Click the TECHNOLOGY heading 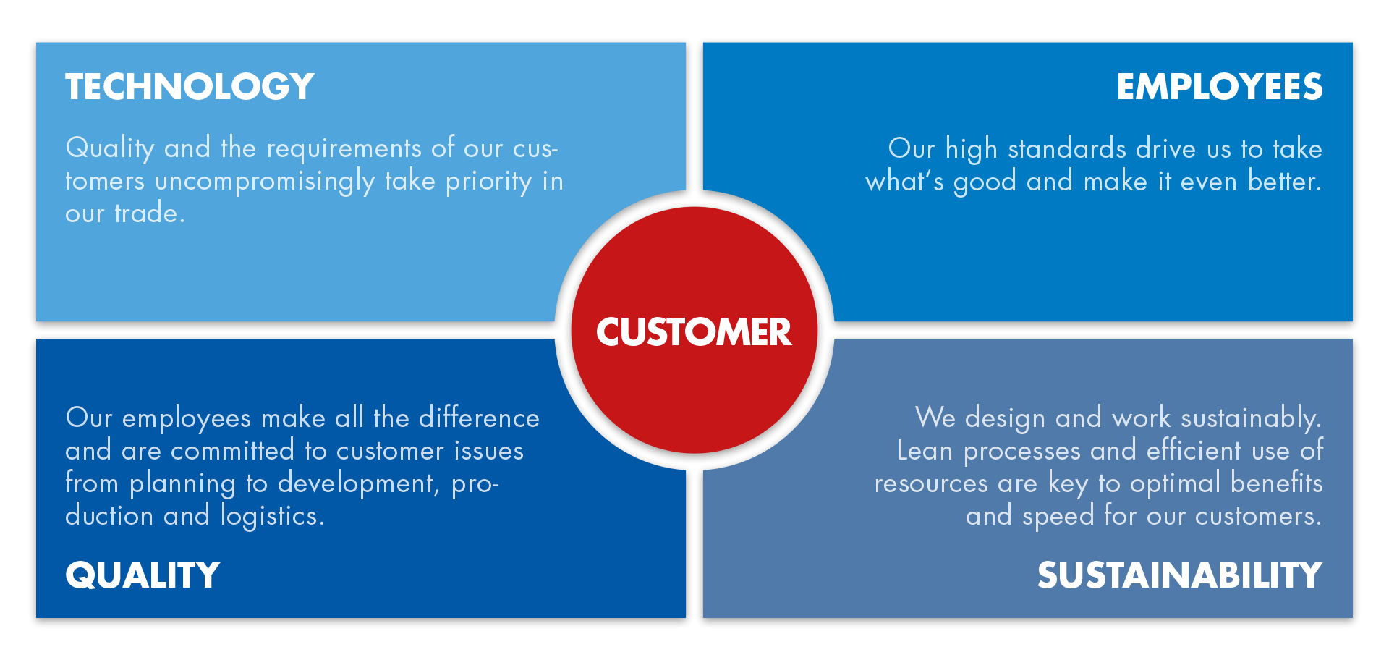[x=190, y=87]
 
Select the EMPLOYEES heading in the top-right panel [x=1220, y=87]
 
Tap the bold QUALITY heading [x=143, y=575]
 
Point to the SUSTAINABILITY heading [x=1180, y=575]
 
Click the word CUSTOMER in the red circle [x=694, y=332]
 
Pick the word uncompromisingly [x=265, y=182]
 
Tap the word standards [x=1067, y=148]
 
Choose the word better [x=1285, y=181]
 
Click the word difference [x=479, y=418]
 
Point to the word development [x=359, y=483]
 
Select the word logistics [x=273, y=516]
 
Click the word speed [x=1058, y=516]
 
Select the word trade [x=150, y=213]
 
